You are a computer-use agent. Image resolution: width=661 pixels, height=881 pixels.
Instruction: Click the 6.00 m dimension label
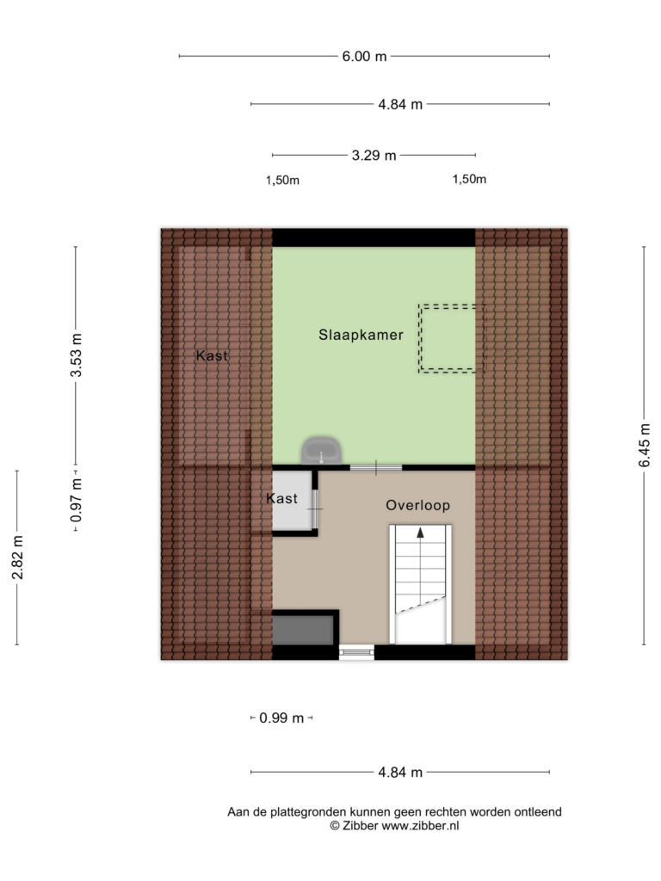pos(364,56)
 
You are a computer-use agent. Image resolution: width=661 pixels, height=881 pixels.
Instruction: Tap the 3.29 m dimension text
pos(374,155)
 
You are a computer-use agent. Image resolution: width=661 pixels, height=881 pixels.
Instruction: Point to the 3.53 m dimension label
pos(76,355)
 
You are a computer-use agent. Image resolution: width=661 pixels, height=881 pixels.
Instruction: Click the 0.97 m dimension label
pos(76,500)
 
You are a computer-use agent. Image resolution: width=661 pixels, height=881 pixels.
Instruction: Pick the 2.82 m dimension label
pos(17,558)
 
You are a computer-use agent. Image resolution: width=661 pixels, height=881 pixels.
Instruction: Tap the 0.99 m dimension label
pos(281,718)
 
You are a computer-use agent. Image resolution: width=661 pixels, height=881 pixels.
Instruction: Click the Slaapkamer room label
pos(361,335)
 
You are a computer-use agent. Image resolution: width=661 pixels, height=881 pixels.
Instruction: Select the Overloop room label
pos(417,505)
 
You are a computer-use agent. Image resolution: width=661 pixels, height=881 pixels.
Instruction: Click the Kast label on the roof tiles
pos(212,355)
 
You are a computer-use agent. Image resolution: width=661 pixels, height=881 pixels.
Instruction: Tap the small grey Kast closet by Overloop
pos(293,500)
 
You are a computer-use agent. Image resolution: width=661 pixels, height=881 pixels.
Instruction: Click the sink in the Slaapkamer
pos(322,451)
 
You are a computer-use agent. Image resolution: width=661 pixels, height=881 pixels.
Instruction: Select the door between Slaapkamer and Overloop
pos(376,467)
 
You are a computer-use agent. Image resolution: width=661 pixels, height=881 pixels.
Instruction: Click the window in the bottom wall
pos(356,652)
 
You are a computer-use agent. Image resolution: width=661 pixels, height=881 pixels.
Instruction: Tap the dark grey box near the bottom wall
pos(303,630)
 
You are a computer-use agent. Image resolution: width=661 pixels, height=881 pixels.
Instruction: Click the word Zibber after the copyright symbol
pos(361,825)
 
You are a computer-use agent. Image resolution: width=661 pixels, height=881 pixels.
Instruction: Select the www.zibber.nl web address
pos(420,825)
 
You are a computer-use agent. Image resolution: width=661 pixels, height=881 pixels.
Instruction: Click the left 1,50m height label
pos(282,181)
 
